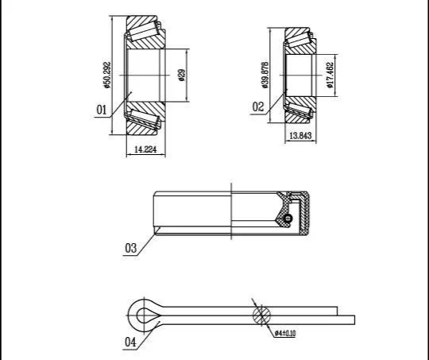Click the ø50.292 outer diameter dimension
click(107, 75)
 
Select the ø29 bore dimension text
click(182, 75)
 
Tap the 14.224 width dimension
click(145, 149)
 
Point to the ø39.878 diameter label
click(265, 75)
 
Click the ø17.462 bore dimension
click(330, 75)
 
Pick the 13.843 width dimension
click(300, 136)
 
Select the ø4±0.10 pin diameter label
click(285, 333)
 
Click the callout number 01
click(101, 110)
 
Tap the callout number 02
click(258, 106)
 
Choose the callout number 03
click(130, 248)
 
